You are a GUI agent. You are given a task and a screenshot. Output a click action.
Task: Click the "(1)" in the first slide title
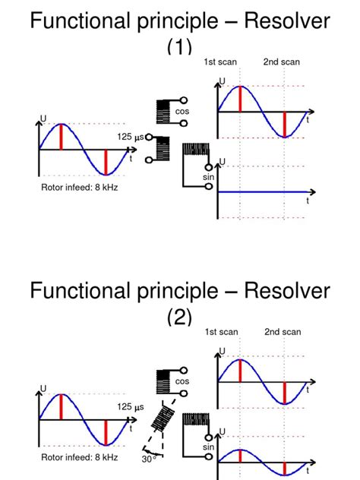click(x=180, y=47)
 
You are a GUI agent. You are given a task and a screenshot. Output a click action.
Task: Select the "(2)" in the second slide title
click(x=180, y=317)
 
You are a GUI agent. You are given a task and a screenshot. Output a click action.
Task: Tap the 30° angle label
click(x=148, y=458)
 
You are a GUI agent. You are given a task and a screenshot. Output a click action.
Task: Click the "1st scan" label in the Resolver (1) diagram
click(x=220, y=62)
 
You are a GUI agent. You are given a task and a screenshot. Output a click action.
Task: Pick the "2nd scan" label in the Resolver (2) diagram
click(x=283, y=332)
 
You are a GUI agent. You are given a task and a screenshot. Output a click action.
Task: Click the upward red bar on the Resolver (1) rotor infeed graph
click(x=62, y=137)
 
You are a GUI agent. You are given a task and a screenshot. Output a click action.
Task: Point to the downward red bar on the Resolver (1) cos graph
click(x=284, y=124)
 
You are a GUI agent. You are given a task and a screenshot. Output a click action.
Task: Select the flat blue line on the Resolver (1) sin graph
click(x=262, y=193)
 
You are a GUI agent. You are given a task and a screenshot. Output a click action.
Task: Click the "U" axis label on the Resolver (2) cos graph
click(x=222, y=350)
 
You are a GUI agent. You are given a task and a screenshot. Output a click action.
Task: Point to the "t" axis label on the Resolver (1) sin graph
click(x=308, y=201)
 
